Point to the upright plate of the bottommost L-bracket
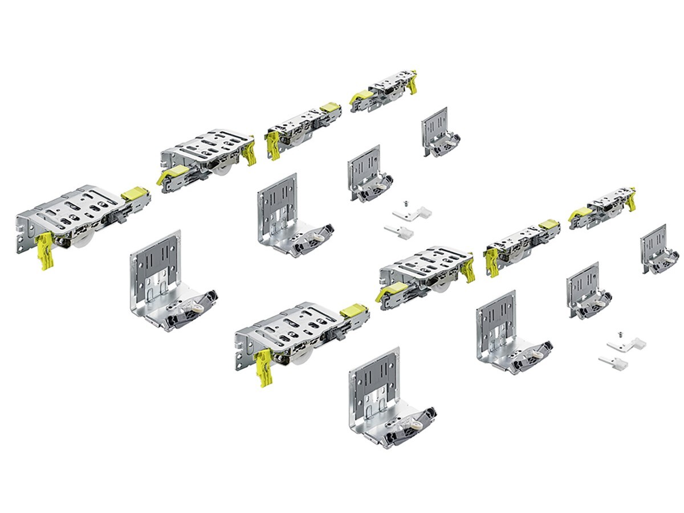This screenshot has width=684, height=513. tap(374, 381)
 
